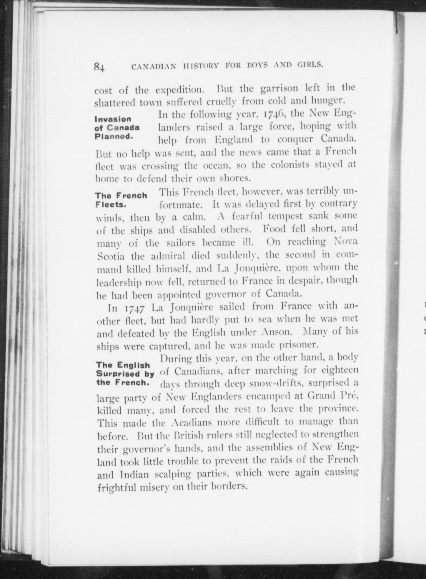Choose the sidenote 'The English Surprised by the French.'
[x=125, y=374]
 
